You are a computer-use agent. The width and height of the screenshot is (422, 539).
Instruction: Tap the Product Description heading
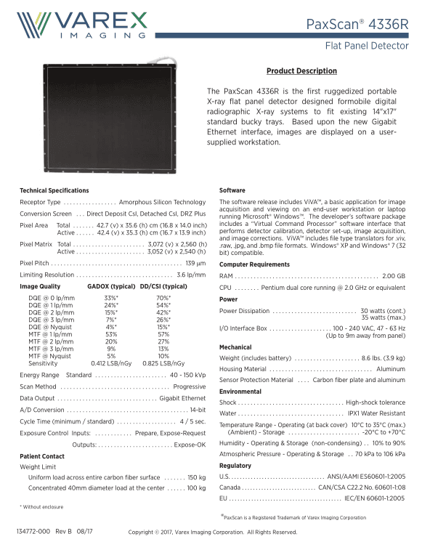301,71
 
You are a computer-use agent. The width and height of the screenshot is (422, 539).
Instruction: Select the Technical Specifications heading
54,190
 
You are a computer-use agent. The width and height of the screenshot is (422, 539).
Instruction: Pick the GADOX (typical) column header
111,287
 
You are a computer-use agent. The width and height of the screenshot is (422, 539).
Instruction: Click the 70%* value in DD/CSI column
163,299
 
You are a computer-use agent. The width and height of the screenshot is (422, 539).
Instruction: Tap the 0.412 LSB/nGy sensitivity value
111,362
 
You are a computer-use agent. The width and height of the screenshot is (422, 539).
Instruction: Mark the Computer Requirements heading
254,264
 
